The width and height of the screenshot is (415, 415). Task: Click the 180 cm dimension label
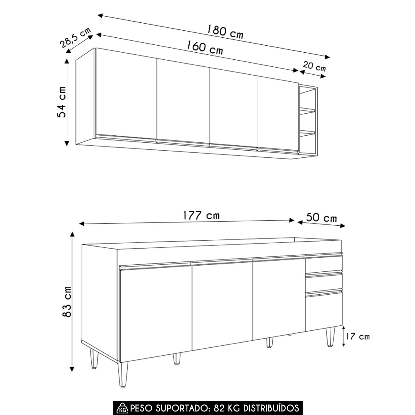(225, 32)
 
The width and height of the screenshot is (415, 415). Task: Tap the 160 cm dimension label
(205, 48)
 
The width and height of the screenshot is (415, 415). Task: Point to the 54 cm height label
(62, 102)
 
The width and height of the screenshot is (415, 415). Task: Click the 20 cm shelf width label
(314, 66)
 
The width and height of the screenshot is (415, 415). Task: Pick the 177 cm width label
(201, 215)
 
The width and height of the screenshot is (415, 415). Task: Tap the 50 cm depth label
(321, 218)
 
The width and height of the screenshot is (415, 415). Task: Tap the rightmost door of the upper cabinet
(278, 115)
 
